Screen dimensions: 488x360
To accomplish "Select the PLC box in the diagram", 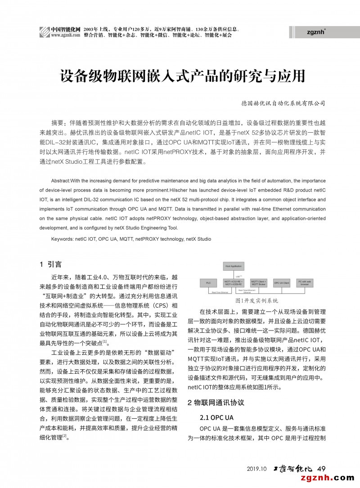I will (x=208, y=283).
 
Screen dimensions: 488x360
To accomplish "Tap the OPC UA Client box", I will (x=282, y=283).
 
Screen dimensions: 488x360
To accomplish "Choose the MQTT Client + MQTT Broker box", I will (x=258, y=283).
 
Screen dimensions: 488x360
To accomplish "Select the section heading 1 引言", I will (x=51, y=264).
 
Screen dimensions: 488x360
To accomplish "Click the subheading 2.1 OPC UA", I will (x=216, y=417).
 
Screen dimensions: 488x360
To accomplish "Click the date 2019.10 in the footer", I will (x=257, y=469).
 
